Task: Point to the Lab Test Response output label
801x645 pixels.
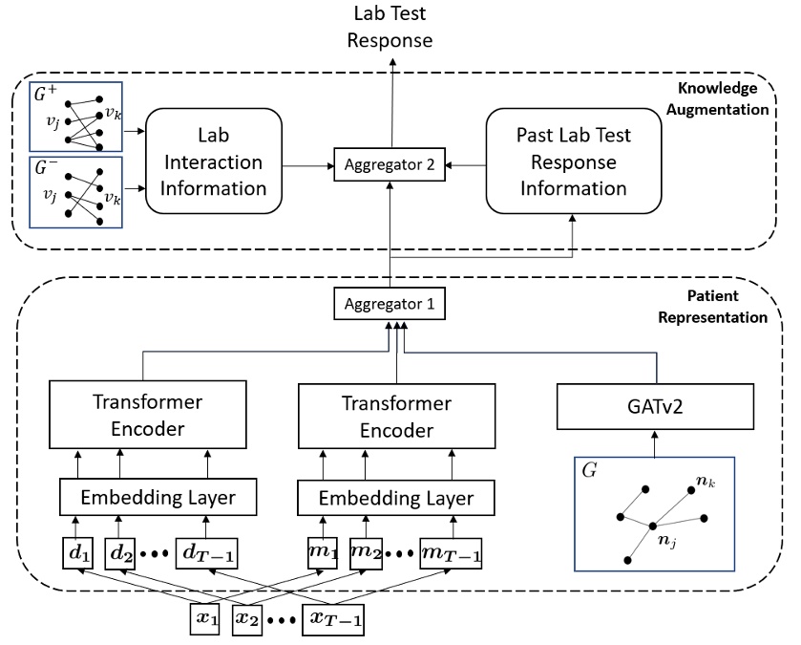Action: [390, 28]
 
